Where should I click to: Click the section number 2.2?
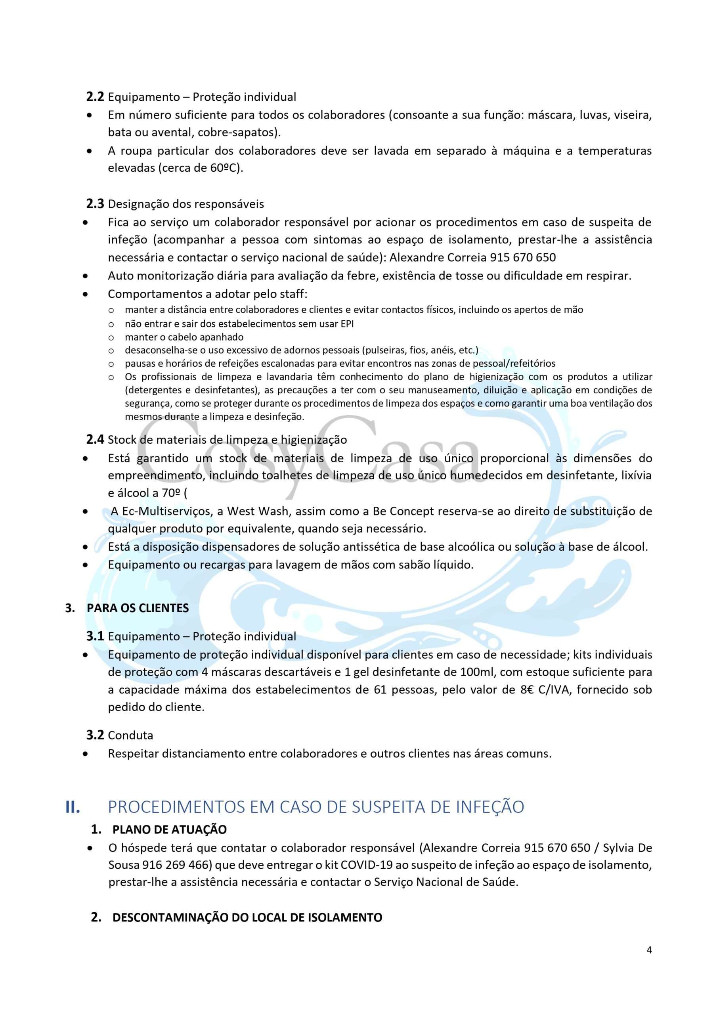[x=95, y=97]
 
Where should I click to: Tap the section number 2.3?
[x=95, y=204]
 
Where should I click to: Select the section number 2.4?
[x=95, y=439]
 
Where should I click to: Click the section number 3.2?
[x=95, y=735]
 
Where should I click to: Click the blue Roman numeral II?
[x=73, y=807]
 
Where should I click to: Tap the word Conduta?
[x=130, y=735]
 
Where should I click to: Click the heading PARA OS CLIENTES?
[x=138, y=608]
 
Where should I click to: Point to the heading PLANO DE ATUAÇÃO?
[x=169, y=829]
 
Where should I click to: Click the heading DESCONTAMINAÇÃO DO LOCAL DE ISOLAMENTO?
[x=247, y=917]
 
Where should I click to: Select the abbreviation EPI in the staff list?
[x=347, y=324]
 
